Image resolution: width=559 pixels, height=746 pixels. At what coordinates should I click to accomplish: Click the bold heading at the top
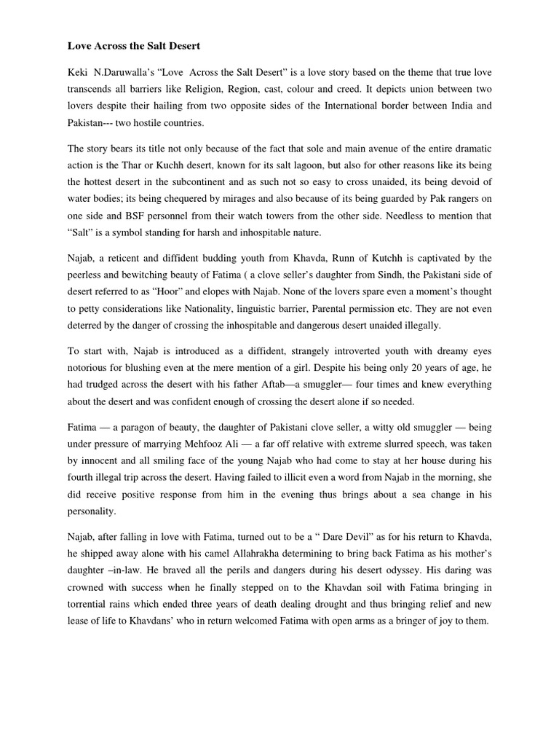[133, 46]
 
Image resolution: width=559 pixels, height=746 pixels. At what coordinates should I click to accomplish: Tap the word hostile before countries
[156, 122]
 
